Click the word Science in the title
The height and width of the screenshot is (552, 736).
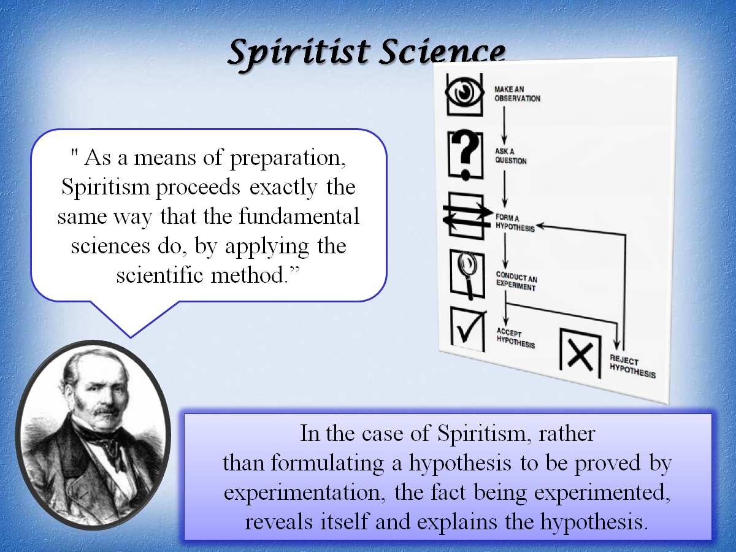[442, 53]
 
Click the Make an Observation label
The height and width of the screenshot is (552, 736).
[516, 93]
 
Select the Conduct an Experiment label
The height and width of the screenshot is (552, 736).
[516, 282]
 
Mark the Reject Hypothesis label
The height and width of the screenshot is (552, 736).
[632, 367]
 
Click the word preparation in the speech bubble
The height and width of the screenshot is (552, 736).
[288, 158]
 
